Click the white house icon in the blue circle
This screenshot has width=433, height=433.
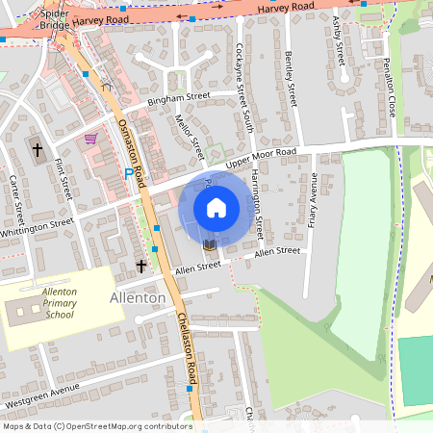(x=216, y=207)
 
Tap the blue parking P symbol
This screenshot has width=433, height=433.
(x=128, y=174)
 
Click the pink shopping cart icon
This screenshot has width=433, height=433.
(x=90, y=139)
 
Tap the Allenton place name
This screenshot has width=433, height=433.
(x=138, y=298)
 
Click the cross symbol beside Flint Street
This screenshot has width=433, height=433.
(x=38, y=150)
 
